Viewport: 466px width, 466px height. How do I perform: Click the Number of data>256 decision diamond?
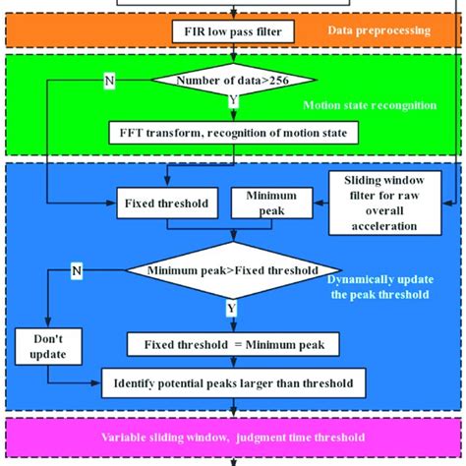233,81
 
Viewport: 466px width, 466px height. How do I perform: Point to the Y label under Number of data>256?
233,100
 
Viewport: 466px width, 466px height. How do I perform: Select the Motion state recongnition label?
382,105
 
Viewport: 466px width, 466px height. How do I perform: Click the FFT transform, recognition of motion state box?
233,131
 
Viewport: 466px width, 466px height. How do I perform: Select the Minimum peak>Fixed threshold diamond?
233,269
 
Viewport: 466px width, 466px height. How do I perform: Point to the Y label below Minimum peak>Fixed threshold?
233,307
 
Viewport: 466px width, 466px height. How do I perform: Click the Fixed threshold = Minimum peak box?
233,344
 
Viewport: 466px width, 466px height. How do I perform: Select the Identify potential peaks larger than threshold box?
233,380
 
